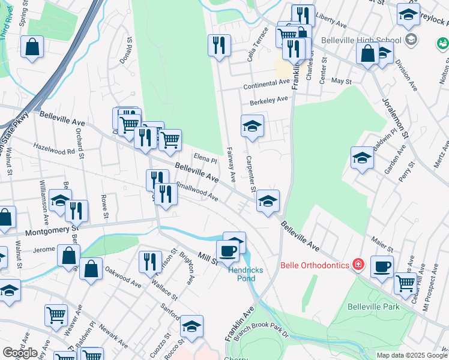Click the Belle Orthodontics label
pos(316,265)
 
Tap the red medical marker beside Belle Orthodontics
pos(358,264)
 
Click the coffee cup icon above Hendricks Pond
pos(228,250)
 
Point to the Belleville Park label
pos(373,307)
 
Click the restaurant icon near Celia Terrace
pos(219,45)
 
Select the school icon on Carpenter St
pos(252,126)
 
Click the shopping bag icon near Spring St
pos(32,47)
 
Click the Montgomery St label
pos(52,229)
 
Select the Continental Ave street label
pos(267,86)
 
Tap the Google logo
pos(20,352)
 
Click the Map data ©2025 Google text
pos(411,355)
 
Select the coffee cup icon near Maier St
pos(382,266)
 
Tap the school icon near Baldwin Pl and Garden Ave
pos(362,158)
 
